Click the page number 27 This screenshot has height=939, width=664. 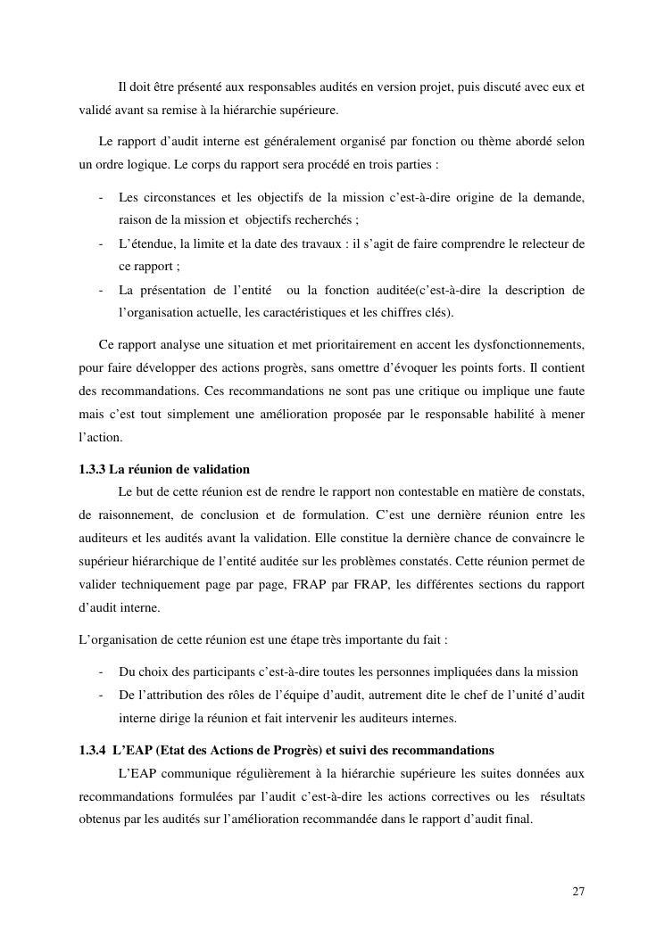point(578,891)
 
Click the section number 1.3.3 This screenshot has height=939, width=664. point(93,469)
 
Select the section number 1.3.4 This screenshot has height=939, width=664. point(93,750)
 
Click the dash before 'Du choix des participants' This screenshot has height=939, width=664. point(102,671)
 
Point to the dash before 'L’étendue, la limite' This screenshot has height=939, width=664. point(102,243)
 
